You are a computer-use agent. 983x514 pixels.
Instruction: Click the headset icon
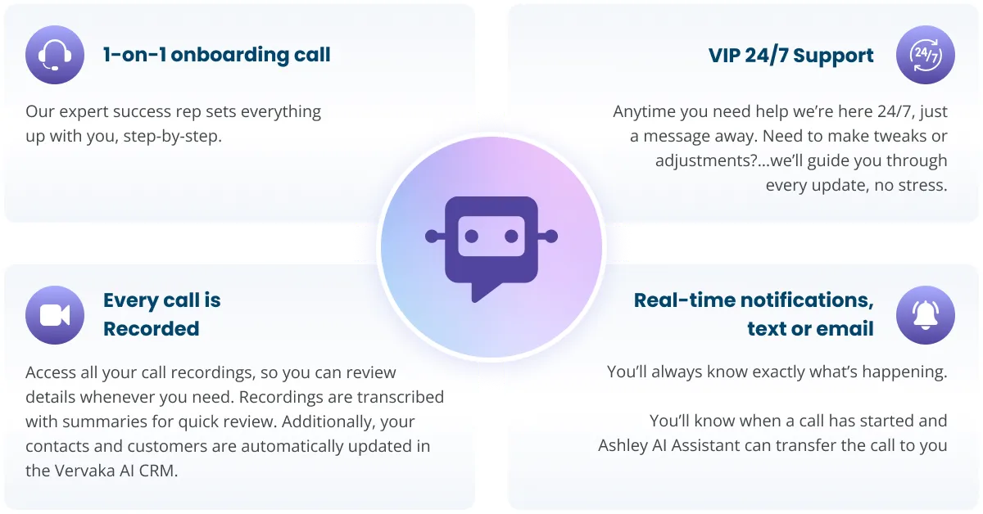[x=55, y=55]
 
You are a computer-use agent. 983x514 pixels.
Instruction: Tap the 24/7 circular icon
[x=926, y=55]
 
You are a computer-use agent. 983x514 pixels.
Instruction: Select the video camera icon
[x=55, y=315]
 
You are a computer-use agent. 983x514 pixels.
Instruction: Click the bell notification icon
[x=926, y=315]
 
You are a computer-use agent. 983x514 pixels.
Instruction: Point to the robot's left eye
[x=471, y=237]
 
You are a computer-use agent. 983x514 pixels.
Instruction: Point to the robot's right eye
[x=511, y=237]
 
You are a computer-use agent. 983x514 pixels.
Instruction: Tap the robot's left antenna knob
[x=432, y=237]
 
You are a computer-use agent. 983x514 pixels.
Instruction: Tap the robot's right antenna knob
[x=551, y=237]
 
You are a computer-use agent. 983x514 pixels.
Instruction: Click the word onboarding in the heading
[x=230, y=56]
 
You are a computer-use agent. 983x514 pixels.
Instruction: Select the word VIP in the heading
[x=724, y=56]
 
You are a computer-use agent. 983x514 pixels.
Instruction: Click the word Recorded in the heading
[x=152, y=328]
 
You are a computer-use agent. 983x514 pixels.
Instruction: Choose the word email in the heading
[x=842, y=328]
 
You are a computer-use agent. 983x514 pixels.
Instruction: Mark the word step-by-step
[x=173, y=137]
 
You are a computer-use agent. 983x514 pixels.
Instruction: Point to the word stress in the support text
[x=922, y=185]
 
